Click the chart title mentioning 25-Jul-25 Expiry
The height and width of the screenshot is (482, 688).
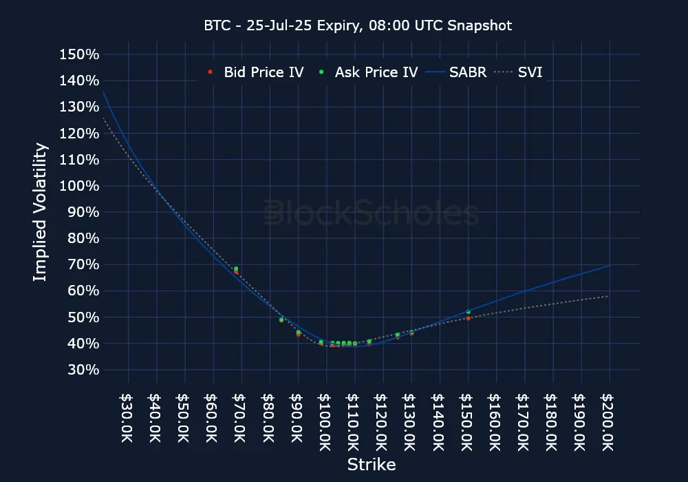(x=358, y=25)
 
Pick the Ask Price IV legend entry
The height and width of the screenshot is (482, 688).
(x=369, y=72)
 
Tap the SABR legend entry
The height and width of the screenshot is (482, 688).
(x=458, y=72)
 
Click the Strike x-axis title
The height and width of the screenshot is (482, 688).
(x=372, y=464)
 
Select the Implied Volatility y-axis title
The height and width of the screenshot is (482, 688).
(x=41, y=211)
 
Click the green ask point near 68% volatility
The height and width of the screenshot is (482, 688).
(x=236, y=269)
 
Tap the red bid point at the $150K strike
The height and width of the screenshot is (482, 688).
(x=468, y=318)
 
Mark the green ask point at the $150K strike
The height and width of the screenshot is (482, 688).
(x=468, y=312)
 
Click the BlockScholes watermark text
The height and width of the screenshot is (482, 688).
(x=372, y=213)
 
